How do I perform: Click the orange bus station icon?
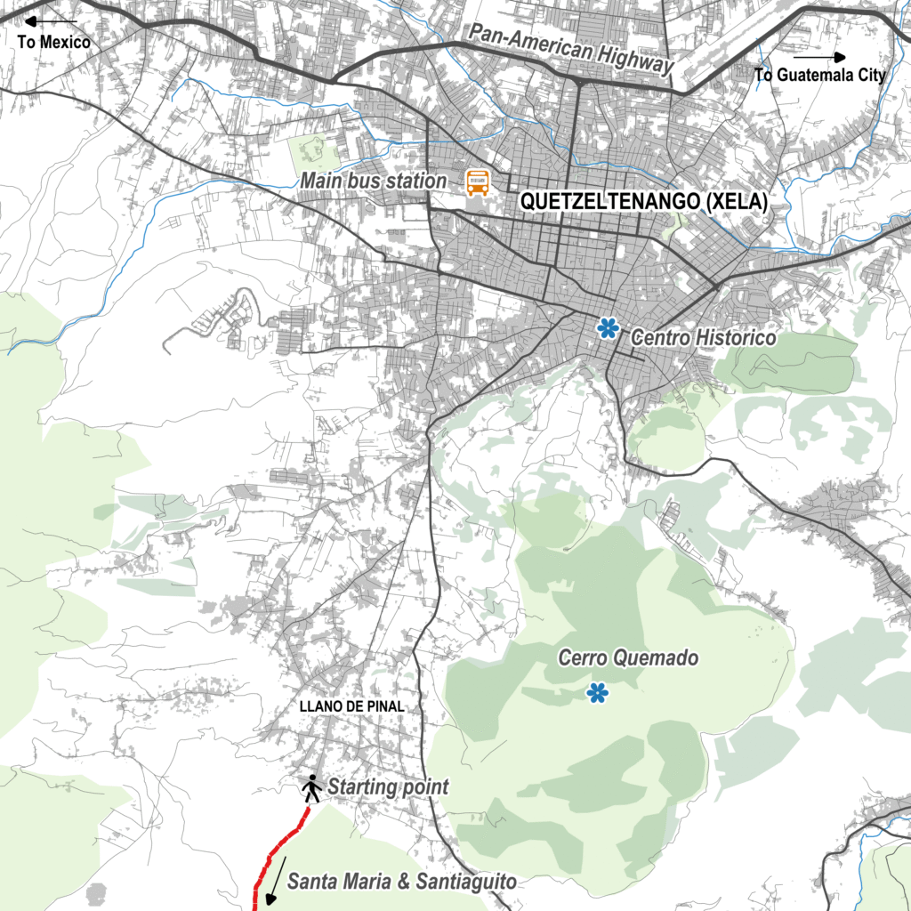478,182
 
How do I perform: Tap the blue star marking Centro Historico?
609,328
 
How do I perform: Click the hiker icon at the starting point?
311,787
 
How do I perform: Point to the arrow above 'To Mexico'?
52,20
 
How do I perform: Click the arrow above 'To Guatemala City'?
819,56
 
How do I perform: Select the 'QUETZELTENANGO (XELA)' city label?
643,202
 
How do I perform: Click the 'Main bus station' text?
373,181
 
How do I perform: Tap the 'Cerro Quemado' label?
628,658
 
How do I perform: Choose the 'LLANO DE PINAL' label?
353,706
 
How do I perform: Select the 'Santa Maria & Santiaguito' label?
401,883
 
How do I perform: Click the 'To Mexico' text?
53,42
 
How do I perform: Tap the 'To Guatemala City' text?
820,75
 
